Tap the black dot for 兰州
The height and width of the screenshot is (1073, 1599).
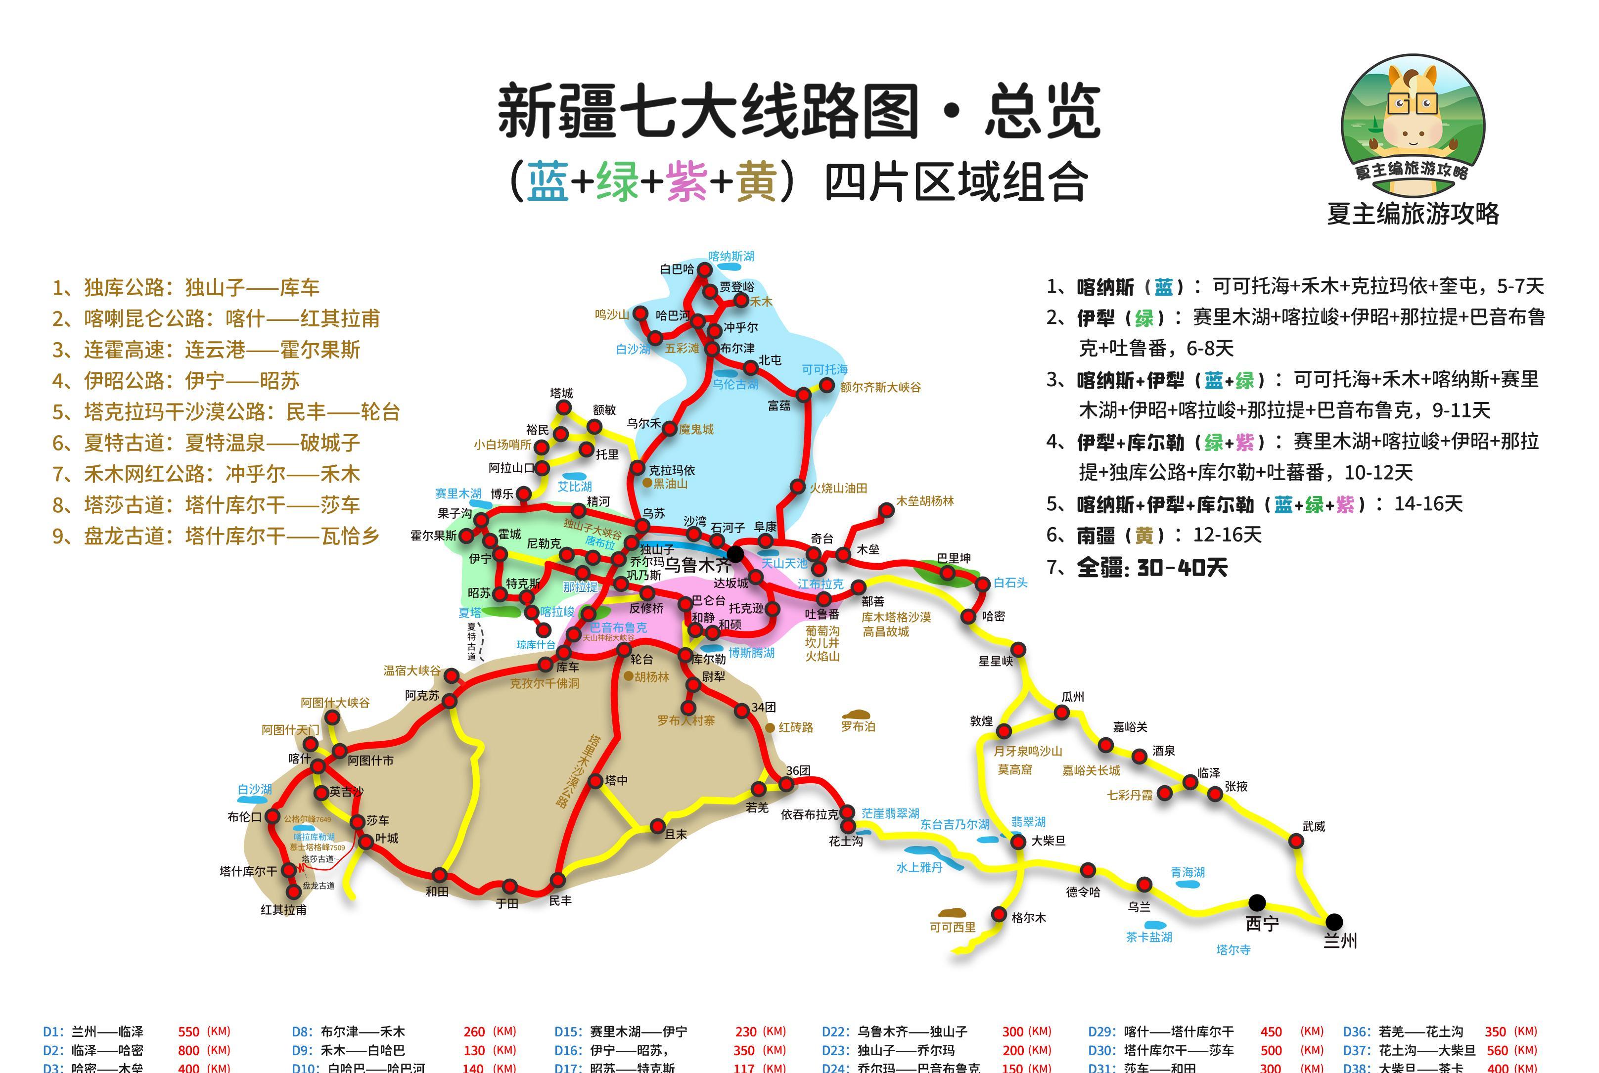[1334, 921]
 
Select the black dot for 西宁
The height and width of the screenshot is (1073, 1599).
[1257, 902]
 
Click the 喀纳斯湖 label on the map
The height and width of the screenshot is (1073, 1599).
[731, 257]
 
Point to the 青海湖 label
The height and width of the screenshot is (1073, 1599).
[1188, 873]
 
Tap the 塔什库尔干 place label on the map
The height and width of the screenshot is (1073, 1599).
[248, 871]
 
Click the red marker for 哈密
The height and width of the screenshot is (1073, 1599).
[968, 617]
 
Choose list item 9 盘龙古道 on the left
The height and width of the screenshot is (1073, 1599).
[216, 536]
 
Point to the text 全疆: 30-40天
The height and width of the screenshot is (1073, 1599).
[1152, 567]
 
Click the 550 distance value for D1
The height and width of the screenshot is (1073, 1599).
[188, 1031]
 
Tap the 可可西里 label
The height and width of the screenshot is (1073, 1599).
[952, 927]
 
